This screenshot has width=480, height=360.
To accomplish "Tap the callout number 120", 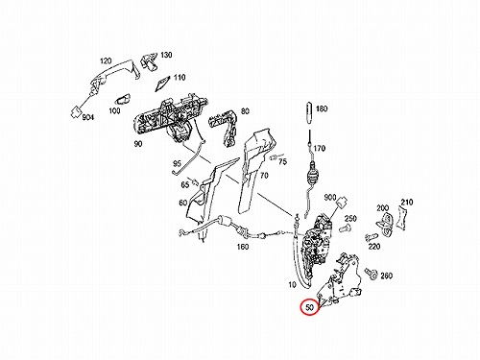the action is pos(106,60).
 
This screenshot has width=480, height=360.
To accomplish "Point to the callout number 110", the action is pos(180,78).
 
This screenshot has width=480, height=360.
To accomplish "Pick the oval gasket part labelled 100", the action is pos(124,100).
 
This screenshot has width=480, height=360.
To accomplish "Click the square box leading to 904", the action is pos(76,112).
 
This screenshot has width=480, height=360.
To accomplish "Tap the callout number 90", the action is pos(137,144).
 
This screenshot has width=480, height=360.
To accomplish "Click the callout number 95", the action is pos(177,164).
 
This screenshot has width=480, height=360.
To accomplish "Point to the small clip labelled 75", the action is pos(273,157).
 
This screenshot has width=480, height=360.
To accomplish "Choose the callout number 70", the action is pos(264,176).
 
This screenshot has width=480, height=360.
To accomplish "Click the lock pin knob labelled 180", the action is pos(310,113).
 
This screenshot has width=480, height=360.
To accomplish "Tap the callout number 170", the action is pos(320,149).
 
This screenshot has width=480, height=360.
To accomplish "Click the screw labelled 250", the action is pos(345,228).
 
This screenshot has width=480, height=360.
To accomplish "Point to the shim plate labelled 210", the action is pos(402,218).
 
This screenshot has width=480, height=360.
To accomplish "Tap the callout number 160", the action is pos(243,247).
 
